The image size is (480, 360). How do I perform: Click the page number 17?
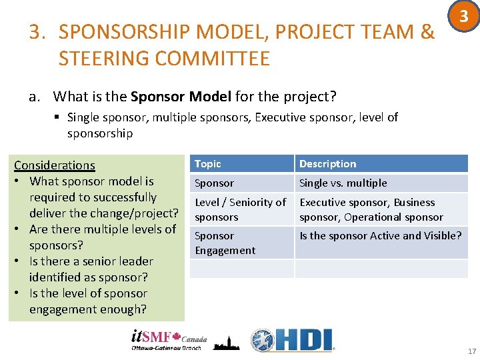(x=471, y=351)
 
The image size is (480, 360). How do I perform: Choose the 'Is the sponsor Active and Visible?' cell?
(x=380, y=235)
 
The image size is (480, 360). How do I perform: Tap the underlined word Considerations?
(x=55, y=165)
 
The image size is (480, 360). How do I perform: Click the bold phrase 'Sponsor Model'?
(x=181, y=97)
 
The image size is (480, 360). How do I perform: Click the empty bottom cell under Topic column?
(x=241, y=269)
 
